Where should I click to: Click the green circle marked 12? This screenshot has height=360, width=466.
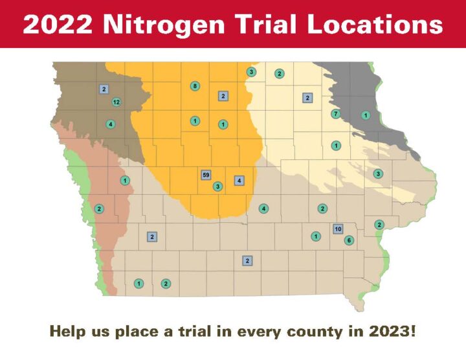coord(116,102)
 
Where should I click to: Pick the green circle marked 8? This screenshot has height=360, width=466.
coord(195,86)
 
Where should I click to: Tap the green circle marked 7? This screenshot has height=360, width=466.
coord(335,114)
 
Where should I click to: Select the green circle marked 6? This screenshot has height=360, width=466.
coord(349,240)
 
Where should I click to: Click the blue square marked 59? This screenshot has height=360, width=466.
coord(206,175)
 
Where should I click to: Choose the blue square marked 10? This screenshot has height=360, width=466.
coord(338,229)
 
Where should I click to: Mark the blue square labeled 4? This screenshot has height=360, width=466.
coord(239,181)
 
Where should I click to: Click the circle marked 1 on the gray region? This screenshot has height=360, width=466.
coord(366,116)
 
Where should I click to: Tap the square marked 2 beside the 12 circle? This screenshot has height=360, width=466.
coord(104,89)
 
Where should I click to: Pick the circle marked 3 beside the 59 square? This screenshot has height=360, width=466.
coord(217,186)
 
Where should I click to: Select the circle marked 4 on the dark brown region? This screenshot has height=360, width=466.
coord(111,124)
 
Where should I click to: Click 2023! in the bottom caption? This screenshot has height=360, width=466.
coord(390,332)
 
